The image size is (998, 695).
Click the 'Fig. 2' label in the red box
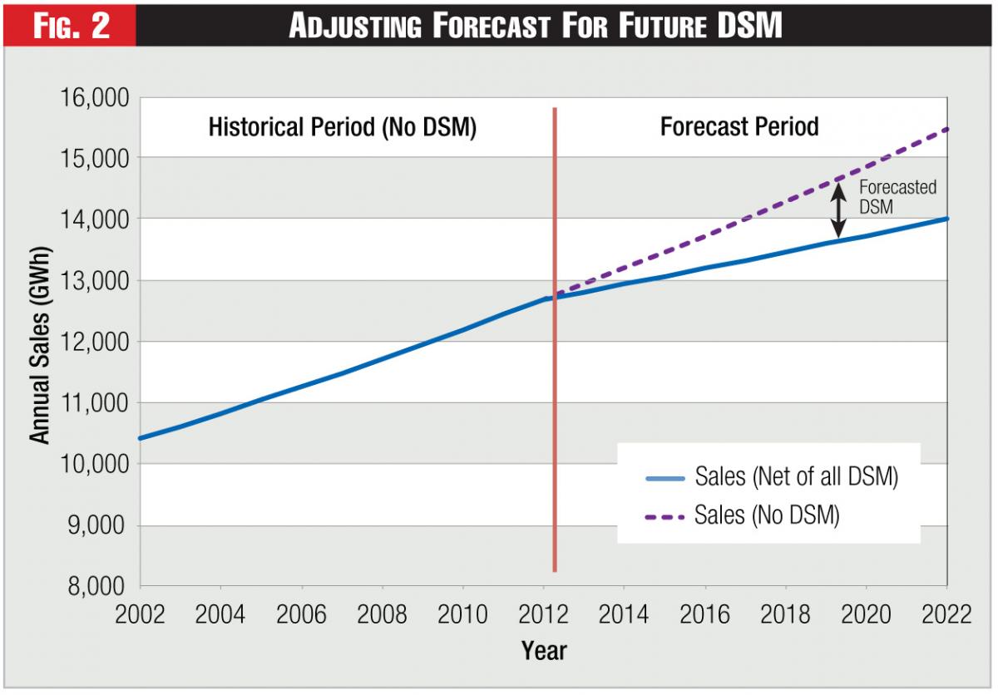click(x=70, y=25)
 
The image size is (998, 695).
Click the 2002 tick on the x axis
click(x=140, y=615)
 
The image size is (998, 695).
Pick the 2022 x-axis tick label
click(x=946, y=615)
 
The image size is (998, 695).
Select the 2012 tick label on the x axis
click(x=543, y=615)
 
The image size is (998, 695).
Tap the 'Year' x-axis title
click(x=544, y=650)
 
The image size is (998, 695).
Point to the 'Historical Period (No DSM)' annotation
click(x=342, y=128)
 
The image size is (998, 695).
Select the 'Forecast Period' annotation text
click(x=739, y=126)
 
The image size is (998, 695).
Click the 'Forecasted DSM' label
click(x=896, y=197)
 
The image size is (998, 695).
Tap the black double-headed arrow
click(x=839, y=211)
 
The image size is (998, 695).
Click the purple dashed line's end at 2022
click(x=946, y=130)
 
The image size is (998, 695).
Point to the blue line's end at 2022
click(x=946, y=219)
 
